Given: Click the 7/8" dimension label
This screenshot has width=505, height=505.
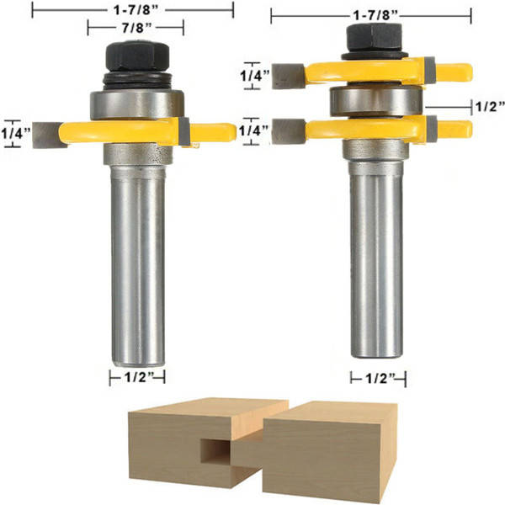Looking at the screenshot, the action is pos(136,28).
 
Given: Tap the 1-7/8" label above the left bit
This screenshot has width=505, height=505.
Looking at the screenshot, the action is pos(136,11).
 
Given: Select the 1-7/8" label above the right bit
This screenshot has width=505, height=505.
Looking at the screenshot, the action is pos(376,15).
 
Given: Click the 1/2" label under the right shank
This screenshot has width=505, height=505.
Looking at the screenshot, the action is pos(380,379).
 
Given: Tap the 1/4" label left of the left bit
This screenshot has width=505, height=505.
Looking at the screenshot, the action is pos(15,133).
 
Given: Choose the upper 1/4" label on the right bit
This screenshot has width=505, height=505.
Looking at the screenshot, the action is pos(255,76).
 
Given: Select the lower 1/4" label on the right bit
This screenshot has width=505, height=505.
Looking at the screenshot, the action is pos(253,130).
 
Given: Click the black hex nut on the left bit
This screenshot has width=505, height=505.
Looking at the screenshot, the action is pos(137,56).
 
